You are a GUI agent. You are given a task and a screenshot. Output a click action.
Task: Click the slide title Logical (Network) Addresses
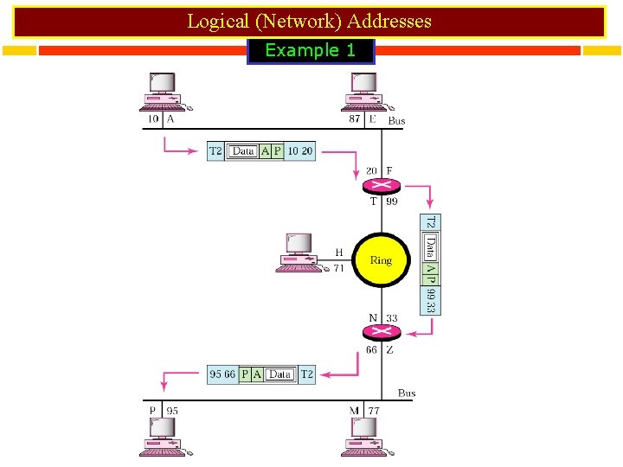(x=309, y=21)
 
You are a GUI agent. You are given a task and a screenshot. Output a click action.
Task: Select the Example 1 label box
(x=311, y=51)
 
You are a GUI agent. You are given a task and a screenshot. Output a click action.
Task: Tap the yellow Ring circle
(x=381, y=259)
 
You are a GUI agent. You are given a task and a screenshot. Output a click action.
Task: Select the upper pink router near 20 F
(x=379, y=185)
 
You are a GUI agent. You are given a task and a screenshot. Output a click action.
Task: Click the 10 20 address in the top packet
(x=300, y=151)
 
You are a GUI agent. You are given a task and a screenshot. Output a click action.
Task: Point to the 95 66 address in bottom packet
(x=223, y=374)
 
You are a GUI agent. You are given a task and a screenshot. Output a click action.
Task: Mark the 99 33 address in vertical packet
(x=431, y=300)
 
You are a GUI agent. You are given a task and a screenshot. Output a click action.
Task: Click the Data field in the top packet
(x=243, y=151)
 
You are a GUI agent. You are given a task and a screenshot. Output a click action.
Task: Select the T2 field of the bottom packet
(x=306, y=374)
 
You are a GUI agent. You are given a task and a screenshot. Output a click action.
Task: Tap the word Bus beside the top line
(x=396, y=121)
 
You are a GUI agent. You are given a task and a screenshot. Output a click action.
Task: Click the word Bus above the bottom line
(x=407, y=393)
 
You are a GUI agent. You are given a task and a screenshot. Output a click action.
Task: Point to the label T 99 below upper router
(x=383, y=202)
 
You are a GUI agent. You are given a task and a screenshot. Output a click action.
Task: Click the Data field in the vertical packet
(x=431, y=249)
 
